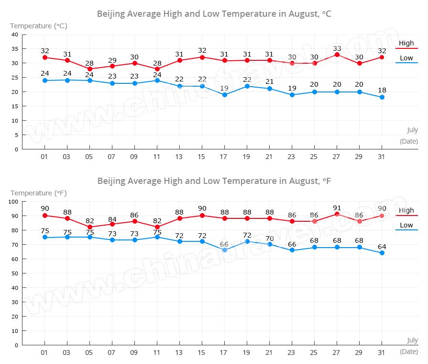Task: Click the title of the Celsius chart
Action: coord(214,14)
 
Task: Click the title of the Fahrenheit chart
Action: coord(214,181)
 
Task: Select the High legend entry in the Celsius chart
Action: coord(406,44)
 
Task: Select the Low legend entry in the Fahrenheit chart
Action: coord(406,225)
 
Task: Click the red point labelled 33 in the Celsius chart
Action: coord(337,55)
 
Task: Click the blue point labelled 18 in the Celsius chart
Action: coord(382,97)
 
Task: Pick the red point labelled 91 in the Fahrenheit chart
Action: coord(337,214)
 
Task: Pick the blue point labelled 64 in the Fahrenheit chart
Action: coord(382,253)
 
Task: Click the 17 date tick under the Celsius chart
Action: coord(224,157)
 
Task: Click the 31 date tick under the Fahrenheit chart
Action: coord(382,352)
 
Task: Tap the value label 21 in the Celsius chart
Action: coord(270,81)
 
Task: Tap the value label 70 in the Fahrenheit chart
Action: coord(270,238)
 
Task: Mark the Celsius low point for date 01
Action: coord(45,80)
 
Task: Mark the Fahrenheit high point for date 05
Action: coord(90,227)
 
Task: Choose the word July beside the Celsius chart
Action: coord(412,130)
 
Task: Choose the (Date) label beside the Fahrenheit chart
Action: coord(409,351)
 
